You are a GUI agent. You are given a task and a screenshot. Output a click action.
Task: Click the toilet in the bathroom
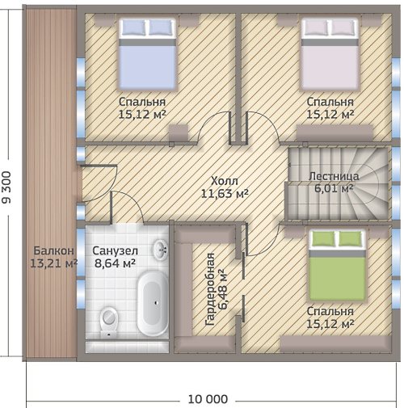109,322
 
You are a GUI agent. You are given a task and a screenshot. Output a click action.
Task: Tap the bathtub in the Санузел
152,304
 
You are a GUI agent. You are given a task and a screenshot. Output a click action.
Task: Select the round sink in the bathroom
161,250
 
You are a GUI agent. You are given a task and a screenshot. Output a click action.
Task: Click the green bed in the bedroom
337,265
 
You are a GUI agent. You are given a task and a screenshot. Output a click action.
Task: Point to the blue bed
147,54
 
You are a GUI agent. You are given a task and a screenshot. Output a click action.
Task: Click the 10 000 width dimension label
208,399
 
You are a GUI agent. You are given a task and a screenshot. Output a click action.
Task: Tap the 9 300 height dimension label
6,187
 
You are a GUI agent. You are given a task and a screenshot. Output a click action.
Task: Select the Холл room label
225,181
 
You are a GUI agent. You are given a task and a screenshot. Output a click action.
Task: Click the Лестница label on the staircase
334,176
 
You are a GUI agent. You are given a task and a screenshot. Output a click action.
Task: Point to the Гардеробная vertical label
210,289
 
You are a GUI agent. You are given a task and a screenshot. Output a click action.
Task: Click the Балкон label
53,251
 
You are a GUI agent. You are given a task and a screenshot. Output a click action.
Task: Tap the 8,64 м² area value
115,263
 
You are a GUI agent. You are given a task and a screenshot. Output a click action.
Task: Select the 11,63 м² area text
225,193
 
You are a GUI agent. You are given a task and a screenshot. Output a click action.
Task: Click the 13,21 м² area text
53,263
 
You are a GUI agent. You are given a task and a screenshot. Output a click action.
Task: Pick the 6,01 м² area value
334,188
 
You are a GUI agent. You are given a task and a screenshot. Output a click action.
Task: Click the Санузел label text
115,251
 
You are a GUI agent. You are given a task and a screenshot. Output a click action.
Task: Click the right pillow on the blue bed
160,27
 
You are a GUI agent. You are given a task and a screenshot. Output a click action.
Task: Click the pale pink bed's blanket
330,67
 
